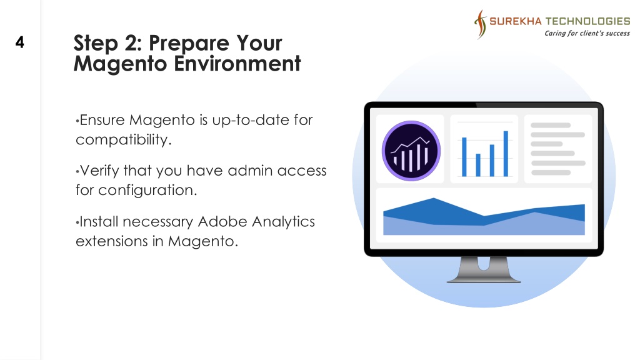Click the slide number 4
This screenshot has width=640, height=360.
click(x=19, y=42)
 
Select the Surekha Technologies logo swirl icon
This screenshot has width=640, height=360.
click(x=481, y=24)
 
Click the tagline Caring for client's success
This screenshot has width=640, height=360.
click(x=587, y=34)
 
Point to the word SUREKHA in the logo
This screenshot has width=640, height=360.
click(x=515, y=21)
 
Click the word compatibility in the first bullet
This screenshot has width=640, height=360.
click(x=123, y=140)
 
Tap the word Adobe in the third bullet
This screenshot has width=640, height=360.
click(x=222, y=222)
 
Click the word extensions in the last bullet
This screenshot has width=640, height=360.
click(x=111, y=241)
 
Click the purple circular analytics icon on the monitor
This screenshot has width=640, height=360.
click(x=411, y=151)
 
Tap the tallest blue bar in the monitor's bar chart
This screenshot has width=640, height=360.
click(x=506, y=154)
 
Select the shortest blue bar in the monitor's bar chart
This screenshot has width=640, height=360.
click(x=478, y=165)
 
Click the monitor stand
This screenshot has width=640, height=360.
click(x=484, y=269)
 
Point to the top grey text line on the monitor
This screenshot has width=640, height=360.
click(x=550, y=125)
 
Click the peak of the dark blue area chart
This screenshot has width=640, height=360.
click(x=434, y=198)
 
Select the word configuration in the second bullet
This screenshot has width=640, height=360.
click(x=147, y=191)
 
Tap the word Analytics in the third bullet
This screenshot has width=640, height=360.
click(x=283, y=222)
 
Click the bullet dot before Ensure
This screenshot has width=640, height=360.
click(x=77, y=121)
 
